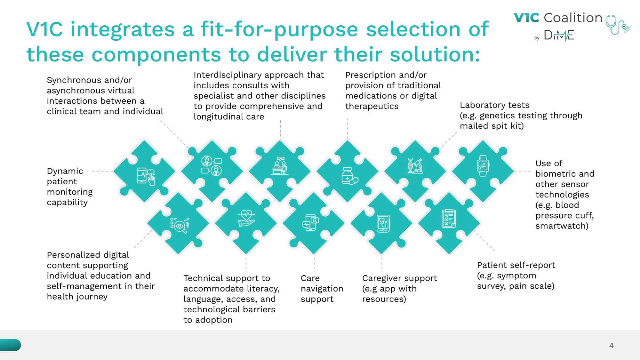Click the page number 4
[611, 345]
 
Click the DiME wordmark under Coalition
[559, 35]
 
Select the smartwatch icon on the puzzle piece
[483, 166]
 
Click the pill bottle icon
[349, 176]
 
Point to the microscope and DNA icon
[415, 166]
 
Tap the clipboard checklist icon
[449, 218]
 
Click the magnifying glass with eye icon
[180, 225]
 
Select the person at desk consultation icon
[280, 166]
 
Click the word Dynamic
[65, 171]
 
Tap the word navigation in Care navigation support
[322, 289]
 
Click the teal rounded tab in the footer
[10, 345]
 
